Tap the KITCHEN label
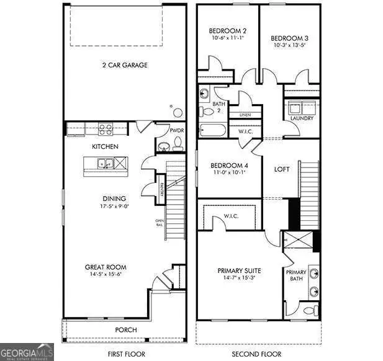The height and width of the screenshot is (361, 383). (x=105, y=146)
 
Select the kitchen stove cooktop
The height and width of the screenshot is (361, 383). (x=106, y=130)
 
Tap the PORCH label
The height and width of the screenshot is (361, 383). (x=127, y=329)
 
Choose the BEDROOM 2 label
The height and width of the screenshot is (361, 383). (x=224, y=29)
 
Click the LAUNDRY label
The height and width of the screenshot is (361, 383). (x=302, y=118)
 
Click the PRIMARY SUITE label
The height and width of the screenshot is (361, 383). (x=239, y=270)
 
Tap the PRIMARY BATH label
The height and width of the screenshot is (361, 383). (x=295, y=275)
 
